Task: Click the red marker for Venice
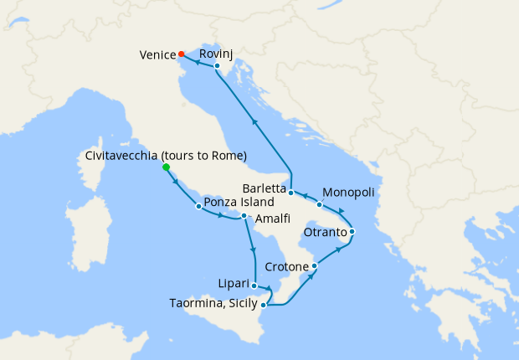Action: coord(182,55)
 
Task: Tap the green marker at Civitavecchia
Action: coord(166,167)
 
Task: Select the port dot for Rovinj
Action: coord(216,65)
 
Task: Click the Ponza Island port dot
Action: coord(198,206)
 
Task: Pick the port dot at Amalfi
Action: coord(244,216)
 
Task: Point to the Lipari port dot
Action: coord(254,285)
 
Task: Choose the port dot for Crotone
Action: coord(314,266)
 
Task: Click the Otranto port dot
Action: coord(352,231)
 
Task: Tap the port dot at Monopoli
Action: coord(319,204)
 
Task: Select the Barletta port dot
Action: coord(290,193)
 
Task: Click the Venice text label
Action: coord(157,56)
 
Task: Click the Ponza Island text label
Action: coord(239,203)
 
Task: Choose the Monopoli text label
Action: coord(348,192)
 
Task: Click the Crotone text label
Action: coord(286,267)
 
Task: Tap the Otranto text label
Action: coord(325,232)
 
